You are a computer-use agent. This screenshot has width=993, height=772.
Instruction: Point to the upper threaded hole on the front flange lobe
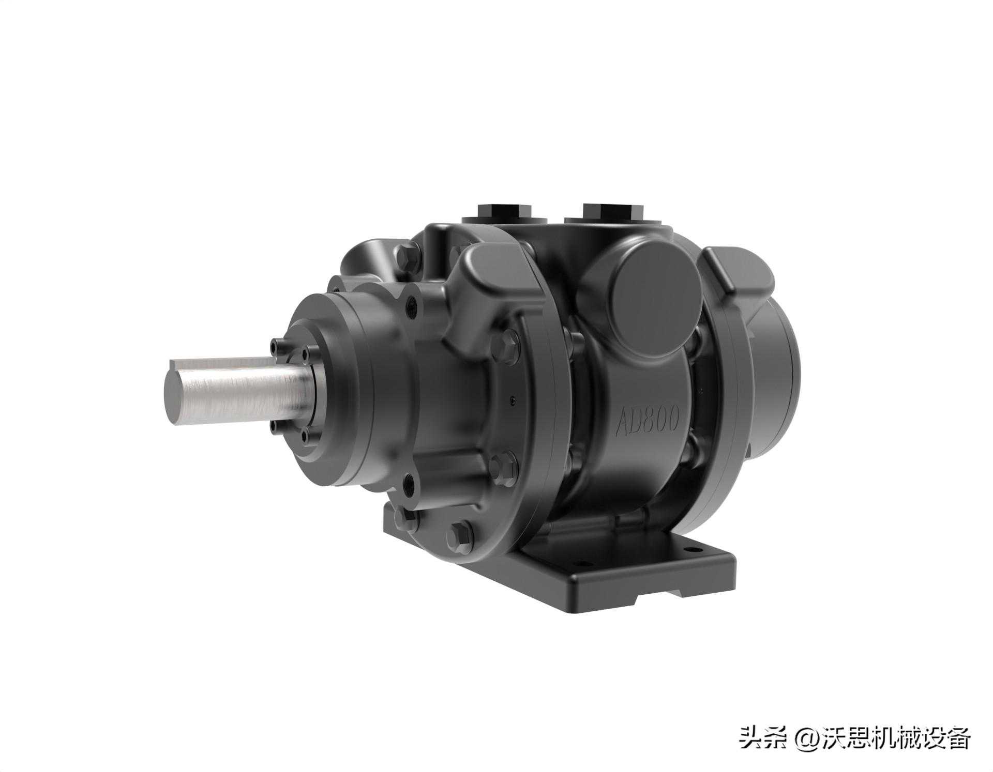coord(412,305)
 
